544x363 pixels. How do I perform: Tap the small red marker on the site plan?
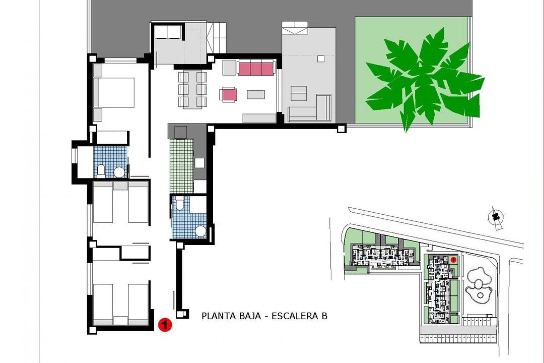pos(453,259)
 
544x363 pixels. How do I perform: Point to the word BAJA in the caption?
pos(250,316)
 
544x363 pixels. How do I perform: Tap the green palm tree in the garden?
pos(423,81)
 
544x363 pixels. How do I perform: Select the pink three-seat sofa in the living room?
pos(255,68)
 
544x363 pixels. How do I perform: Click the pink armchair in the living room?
pos(228,94)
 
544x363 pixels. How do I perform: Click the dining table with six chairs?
pos(192,89)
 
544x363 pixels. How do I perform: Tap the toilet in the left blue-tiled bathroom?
pos(101,170)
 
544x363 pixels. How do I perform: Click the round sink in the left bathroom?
pos(119,172)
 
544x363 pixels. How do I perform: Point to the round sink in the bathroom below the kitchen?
pos(200,231)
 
